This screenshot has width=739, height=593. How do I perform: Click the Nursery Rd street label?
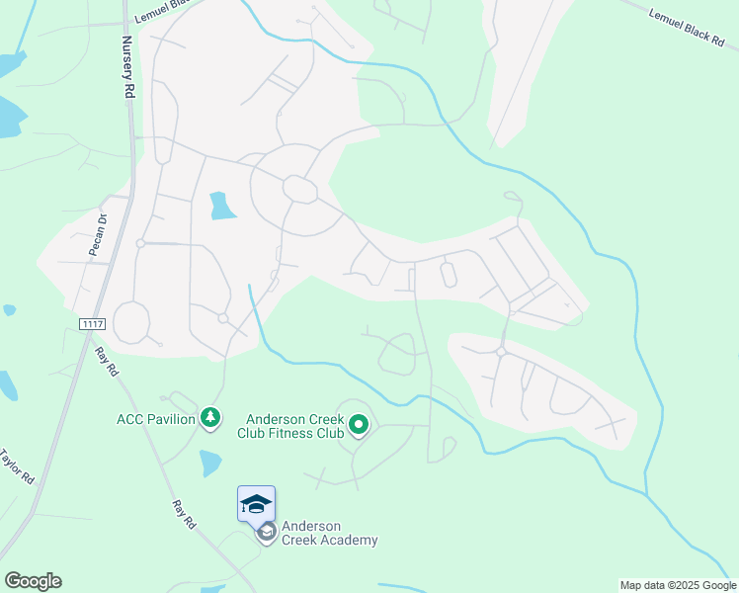(127, 67)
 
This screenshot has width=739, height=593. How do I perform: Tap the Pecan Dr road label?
(96, 235)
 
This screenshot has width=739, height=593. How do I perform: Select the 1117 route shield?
(92, 324)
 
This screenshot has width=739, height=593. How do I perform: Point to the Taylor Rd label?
(17, 466)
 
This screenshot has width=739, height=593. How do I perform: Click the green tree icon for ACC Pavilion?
(209, 419)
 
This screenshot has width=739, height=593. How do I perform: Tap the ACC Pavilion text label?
(155, 419)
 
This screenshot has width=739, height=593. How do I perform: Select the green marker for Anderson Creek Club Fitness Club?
(359, 425)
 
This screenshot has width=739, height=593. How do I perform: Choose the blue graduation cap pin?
(256, 504)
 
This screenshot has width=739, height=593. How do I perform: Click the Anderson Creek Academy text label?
(329, 533)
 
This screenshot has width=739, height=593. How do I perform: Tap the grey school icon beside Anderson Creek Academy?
(266, 533)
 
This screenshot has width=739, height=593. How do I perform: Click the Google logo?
(33, 581)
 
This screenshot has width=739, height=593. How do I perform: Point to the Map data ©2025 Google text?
(677, 585)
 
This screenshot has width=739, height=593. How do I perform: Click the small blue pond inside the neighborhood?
(222, 206)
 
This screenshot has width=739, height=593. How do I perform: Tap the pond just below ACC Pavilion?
(210, 463)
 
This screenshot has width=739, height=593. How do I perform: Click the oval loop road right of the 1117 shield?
(131, 322)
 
